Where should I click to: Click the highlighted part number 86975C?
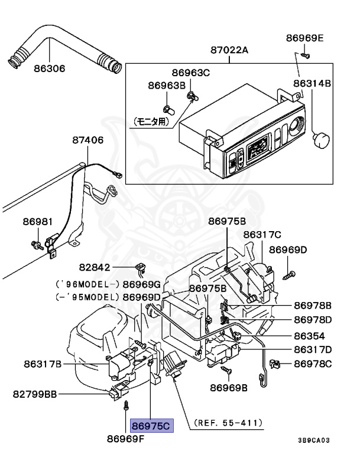click(151, 426)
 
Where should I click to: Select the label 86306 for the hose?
click(50, 69)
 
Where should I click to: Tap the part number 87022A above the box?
click(229, 50)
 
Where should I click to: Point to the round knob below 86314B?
click(322, 140)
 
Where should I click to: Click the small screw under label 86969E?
click(305, 55)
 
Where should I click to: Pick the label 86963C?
click(190, 72)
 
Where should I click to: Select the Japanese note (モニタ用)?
click(151, 121)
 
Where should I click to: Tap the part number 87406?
click(87, 140)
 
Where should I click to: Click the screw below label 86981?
click(37, 245)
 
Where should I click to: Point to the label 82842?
click(95, 267)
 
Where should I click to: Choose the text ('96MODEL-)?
click(87, 284)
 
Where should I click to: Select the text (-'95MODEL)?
click(87, 297)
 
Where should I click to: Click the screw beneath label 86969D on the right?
click(288, 275)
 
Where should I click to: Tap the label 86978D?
click(313, 320)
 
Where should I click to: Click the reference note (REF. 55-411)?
click(228, 423)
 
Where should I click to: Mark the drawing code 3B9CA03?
click(314, 440)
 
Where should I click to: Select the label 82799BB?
click(35, 394)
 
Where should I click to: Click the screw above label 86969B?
click(226, 369)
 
